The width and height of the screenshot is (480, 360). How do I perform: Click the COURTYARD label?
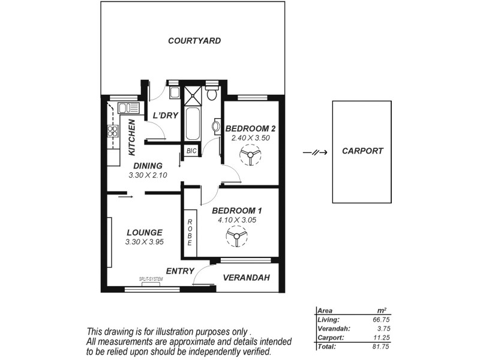[x=194, y=41]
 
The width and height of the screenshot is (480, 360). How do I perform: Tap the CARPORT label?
[x=362, y=151]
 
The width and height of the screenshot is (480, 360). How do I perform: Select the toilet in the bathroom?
[x=211, y=94]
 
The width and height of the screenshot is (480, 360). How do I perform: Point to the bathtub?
[x=192, y=123]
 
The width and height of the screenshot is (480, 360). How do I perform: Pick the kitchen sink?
[x=128, y=108]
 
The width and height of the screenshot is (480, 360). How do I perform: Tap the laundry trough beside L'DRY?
[x=174, y=92]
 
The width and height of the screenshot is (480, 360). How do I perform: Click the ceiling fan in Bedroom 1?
[x=236, y=238]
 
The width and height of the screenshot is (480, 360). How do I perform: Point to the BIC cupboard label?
[x=191, y=151]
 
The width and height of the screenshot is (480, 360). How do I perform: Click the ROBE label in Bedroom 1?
[x=190, y=232]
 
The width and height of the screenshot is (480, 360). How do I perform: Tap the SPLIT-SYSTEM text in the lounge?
[x=151, y=280]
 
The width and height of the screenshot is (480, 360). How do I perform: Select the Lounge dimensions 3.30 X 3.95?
[x=145, y=242]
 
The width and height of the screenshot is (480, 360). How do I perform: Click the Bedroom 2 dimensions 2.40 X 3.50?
[x=250, y=137]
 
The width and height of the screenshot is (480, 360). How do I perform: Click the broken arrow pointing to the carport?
[x=315, y=152]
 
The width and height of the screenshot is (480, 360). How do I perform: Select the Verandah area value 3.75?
[x=382, y=329]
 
